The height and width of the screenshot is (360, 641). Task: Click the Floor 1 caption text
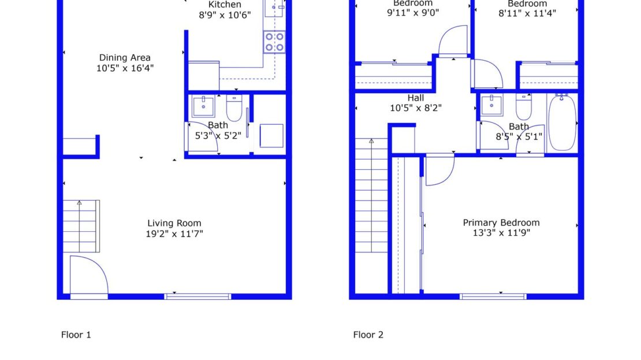coord(76,335)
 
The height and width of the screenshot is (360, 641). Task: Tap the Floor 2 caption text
coord(368,335)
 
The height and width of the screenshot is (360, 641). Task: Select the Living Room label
coord(174,223)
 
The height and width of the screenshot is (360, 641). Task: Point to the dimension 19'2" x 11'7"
coord(174,233)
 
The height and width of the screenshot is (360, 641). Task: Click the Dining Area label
coord(125,57)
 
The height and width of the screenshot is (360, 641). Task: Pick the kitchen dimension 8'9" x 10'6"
coord(225,15)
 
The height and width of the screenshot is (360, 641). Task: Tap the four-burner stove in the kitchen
coord(274,42)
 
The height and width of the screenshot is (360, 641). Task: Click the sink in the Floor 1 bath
coord(203,106)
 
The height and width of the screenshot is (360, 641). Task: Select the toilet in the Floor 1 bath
coord(234,107)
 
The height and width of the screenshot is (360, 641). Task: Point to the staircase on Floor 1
coord(81,226)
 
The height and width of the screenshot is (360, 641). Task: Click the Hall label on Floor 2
coord(416,98)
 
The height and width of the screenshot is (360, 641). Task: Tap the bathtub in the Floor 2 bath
coord(562,122)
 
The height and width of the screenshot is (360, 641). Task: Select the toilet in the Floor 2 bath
coord(524,107)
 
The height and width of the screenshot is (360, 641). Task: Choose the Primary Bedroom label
coord(501,222)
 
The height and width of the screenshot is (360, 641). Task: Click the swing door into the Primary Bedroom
coord(438,170)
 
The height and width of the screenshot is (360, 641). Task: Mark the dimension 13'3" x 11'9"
coord(501,233)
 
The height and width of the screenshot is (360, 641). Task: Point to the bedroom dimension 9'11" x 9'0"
coord(413,13)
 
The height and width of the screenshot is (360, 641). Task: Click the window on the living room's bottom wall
coord(198,296)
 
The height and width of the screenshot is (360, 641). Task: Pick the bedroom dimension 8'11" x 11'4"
coord(527,13)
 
